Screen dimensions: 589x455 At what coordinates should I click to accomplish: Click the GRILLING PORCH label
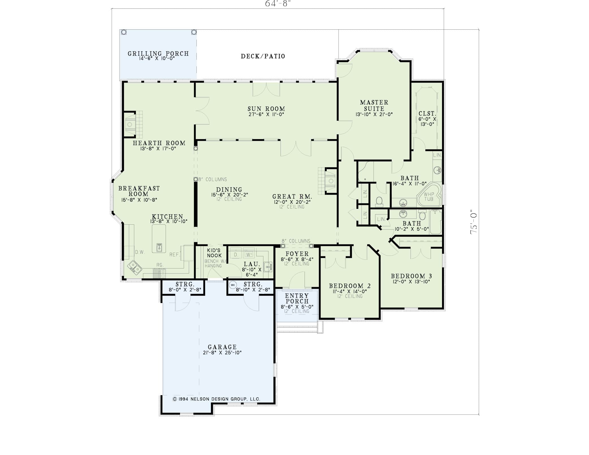158,53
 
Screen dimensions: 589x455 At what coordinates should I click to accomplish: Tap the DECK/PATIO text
263,56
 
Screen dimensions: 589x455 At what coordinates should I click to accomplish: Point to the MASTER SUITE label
374,105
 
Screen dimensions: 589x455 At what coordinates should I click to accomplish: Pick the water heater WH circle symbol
233,285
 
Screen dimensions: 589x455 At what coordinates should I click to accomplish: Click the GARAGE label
222,347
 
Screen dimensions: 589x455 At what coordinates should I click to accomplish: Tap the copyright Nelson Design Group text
216,399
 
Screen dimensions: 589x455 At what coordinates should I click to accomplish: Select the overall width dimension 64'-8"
278,4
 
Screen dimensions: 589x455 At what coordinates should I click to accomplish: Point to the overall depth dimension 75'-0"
474,222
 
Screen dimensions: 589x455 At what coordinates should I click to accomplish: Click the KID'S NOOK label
214,253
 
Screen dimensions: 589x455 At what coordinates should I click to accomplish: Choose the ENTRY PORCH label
297,298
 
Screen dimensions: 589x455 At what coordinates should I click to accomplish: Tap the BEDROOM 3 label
412,276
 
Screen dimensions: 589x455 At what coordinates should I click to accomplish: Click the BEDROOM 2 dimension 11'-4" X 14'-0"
350,291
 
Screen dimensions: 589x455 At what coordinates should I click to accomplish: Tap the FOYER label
297,253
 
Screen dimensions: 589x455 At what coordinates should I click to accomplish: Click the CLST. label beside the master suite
427,114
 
